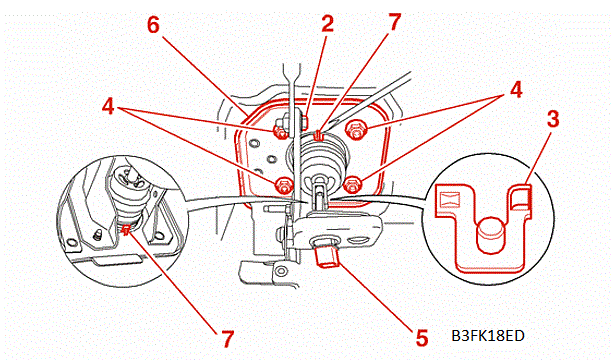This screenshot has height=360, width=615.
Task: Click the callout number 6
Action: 153,25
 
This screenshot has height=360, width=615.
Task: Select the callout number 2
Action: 327,24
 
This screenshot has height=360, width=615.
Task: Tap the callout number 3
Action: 553,119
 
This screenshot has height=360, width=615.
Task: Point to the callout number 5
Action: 422,338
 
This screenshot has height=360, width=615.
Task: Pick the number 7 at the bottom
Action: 227,339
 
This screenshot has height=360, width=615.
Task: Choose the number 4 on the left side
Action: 108,106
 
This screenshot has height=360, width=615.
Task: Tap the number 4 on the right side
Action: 516,89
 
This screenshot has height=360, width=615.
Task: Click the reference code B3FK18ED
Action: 488,336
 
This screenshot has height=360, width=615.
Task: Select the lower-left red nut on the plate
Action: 284,185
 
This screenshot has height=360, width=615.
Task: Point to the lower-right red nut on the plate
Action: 352,184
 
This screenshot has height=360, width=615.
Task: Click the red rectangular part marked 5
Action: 327,257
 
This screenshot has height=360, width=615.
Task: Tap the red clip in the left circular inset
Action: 126,230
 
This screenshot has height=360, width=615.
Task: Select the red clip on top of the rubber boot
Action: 319,135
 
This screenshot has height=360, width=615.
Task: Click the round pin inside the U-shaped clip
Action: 490,235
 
